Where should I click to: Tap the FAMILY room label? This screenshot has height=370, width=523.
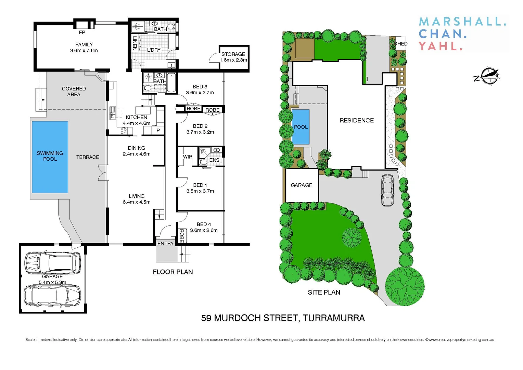point(84,45)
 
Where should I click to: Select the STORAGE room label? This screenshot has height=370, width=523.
point(233,54)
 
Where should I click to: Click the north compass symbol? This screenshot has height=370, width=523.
point(487,76)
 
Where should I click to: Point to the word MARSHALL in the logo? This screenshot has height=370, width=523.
point(462,22)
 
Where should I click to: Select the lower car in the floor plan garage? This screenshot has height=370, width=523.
point(52,295)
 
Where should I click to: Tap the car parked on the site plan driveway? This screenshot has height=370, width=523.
point(388,190)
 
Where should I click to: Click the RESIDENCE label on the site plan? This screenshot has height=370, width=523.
point(357,120)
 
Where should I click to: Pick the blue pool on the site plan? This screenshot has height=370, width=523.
point(301,127)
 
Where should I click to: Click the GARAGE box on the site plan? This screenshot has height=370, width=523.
point(302,185)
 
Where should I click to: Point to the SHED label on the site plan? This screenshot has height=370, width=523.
point(401,44)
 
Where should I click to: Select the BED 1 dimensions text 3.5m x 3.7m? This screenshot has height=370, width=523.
point(200,191)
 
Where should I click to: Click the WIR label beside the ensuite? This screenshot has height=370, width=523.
point(188,157)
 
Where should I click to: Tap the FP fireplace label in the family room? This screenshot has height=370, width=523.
point(82,33)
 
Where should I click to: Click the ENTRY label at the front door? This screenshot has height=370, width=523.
point(166,244)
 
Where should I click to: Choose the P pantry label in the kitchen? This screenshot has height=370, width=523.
point(158,130)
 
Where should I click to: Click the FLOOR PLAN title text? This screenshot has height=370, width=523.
point(173,272)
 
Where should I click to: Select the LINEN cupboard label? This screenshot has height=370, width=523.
point(135,43)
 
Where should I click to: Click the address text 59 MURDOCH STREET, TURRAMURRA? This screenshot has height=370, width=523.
point(283,318)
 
